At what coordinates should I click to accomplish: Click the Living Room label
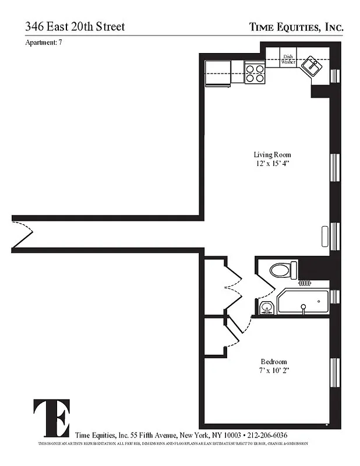tap(272, 154)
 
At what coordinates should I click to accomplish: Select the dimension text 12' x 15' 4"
tap(272, 164)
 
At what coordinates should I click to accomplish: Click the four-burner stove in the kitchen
tap(255, 72)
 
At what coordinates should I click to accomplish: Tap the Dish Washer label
tap(287, 59)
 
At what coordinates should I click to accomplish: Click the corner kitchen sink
tap(313, 66)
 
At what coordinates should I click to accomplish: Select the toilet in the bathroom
tap(283, 270)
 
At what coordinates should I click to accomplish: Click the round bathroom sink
tap(267, 307)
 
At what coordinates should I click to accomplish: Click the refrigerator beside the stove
tap(218, 72)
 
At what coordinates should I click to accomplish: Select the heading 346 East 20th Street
tap(75, 27)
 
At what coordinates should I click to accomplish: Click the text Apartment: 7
tap(44, 43)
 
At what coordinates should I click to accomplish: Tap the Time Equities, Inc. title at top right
tap(296, 27)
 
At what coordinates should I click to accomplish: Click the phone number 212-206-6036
tap(267, 435)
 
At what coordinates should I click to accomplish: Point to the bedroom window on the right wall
tap(335, 372)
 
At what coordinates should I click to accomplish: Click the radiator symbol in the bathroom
tap(305, 283)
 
